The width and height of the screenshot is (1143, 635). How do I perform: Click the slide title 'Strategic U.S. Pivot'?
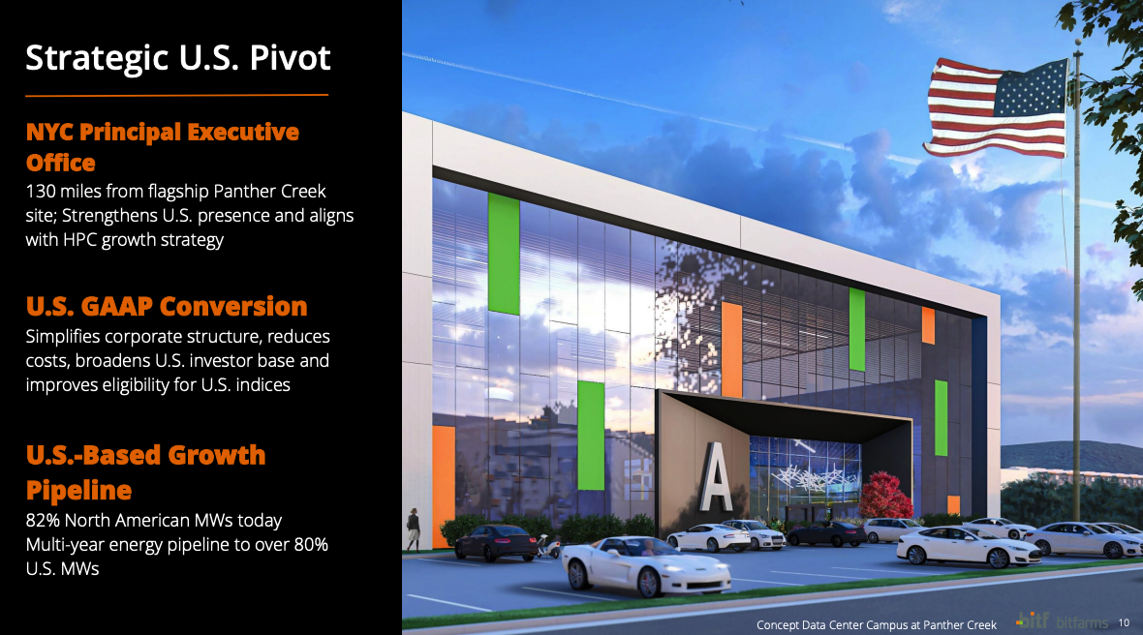point(178,58)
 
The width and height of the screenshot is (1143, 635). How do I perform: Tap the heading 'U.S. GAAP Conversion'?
point(167,307)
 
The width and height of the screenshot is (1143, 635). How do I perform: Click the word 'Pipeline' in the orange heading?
point(78,491)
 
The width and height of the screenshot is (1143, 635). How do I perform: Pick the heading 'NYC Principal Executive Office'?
point(162,147)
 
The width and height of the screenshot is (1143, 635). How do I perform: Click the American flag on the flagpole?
point(996,107)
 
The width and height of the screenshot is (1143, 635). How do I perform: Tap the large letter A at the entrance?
point(716,477)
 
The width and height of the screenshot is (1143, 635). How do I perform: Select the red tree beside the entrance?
point(885,496)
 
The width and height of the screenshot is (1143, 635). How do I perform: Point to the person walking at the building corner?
point(414,529)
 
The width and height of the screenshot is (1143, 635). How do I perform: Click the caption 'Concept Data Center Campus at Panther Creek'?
point(877,624)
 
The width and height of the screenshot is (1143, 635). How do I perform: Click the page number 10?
point(1124,622)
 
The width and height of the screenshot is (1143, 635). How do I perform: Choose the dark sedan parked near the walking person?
point(496,542)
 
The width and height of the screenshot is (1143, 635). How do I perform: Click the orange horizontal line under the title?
point(176,95)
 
